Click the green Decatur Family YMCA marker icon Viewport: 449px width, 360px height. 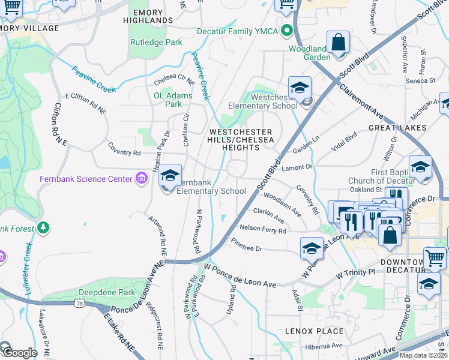click(x=287, y=30)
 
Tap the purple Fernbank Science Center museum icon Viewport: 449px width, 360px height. click(x=142, y=179)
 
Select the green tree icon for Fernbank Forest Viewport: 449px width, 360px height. click(x=43, y=227)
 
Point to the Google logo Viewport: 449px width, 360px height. click(x=19, y=353)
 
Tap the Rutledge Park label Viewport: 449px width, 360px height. click(x=156, y=43)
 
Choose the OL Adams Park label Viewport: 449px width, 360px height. click(x=173, y=99)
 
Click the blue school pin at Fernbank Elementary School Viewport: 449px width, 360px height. click(x=170, y=176)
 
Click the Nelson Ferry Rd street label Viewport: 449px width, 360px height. click(x=262, y=229)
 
